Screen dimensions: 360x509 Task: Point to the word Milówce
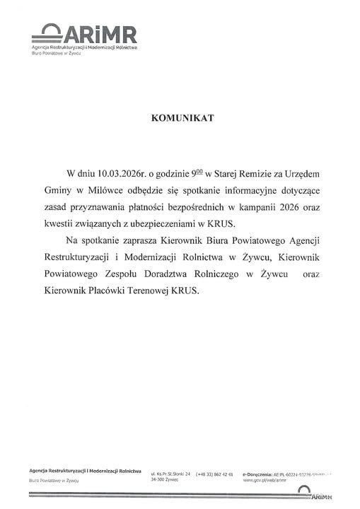100,191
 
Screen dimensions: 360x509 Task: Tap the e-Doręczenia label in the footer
256,472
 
